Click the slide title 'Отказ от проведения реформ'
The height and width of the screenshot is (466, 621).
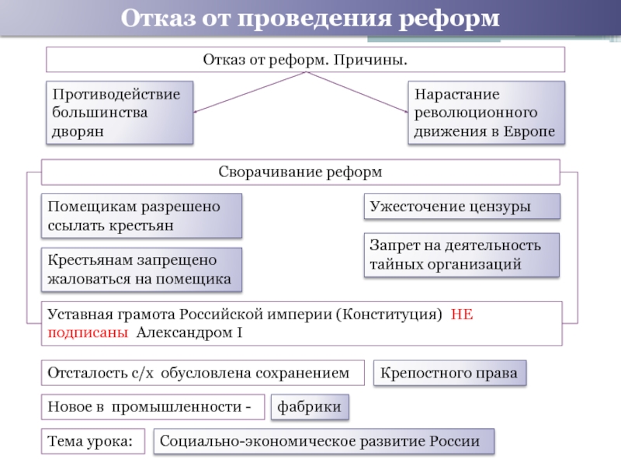coord(310,18)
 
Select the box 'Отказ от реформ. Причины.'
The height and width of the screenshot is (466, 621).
coord(305,60)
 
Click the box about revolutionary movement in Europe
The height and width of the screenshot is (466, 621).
coord(486,113)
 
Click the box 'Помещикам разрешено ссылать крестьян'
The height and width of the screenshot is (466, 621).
coord(141,216)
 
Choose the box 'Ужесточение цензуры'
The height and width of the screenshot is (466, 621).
coord(462,207)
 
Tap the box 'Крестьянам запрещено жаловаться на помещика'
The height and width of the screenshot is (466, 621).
coord(141,270)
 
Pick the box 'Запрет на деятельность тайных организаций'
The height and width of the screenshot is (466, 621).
coord(462,255)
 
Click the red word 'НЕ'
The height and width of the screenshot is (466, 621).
coord(461,315)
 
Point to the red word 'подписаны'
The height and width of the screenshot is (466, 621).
coord(87,332)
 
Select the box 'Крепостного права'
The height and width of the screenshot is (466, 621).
coord(450,373)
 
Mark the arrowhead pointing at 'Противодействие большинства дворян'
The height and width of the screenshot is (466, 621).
coord(195,113)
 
